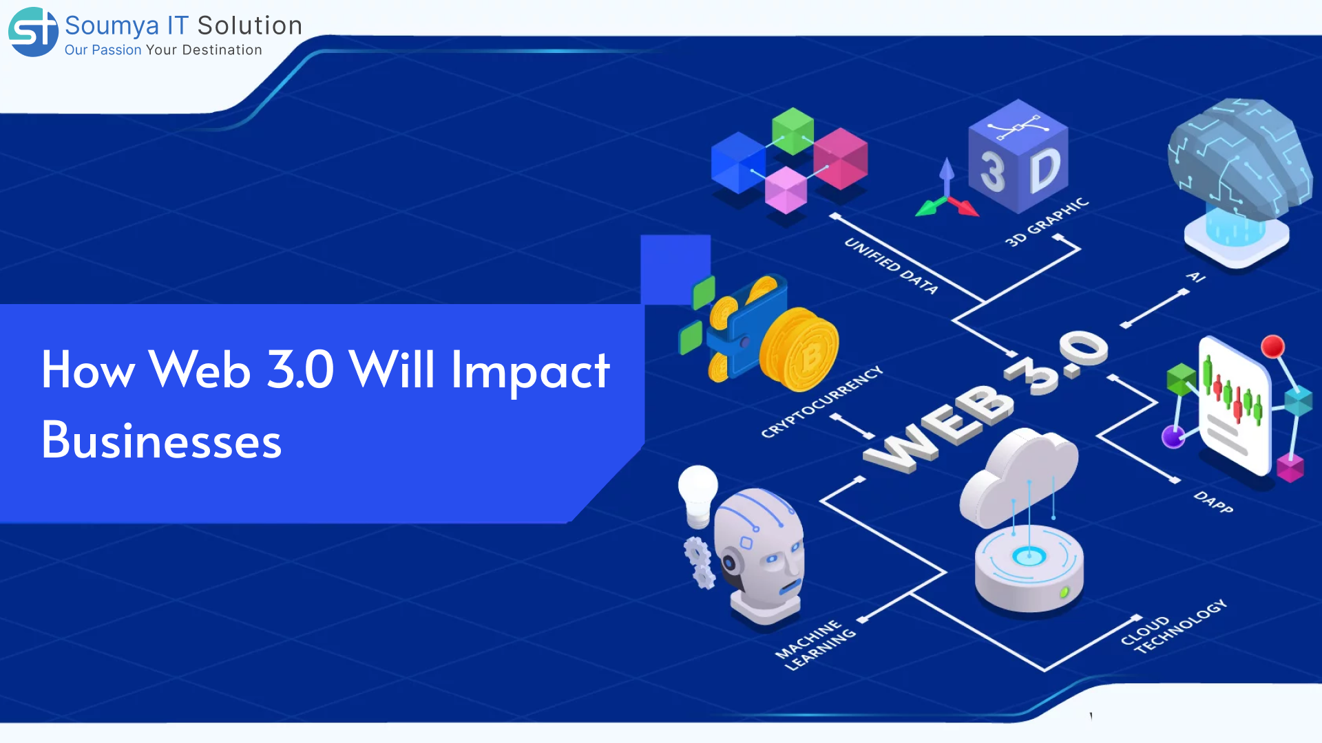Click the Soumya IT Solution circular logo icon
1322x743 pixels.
33,32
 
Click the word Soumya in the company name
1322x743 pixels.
112,26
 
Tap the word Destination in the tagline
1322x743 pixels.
222,50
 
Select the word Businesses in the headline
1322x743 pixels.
161,440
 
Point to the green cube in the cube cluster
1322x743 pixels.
793,131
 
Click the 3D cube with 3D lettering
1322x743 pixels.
1018,157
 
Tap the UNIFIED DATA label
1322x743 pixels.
891,266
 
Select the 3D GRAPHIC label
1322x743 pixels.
1047,222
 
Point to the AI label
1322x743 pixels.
1196,277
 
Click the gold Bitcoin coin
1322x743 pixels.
800,349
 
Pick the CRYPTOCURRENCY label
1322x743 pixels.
821,402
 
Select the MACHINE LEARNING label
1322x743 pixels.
815,645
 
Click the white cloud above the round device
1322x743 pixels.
1019,475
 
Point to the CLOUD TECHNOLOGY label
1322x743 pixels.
1173,626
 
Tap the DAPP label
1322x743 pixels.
1213,502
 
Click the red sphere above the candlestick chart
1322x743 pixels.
1272,346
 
